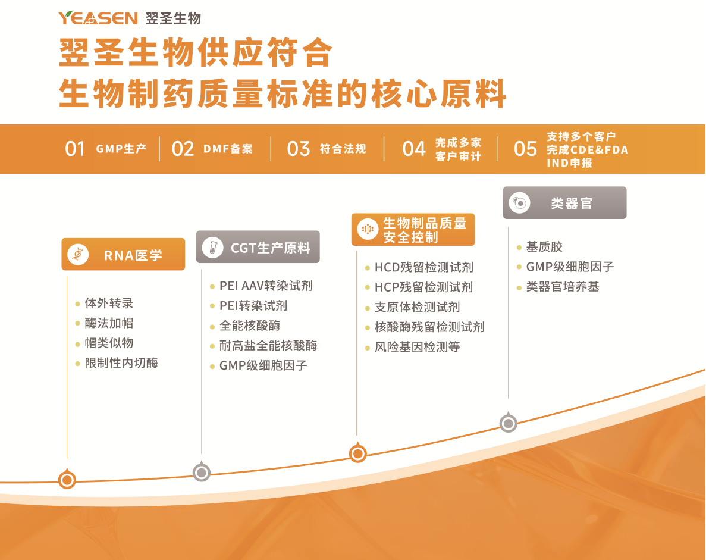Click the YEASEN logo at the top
pyautogui.click(x=98, y=18)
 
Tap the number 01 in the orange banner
pyautogui.click(x=75, y=149)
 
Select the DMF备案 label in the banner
pyautogui.click(x=228, y=149)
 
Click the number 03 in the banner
pyautogui.click(x=299, y=149)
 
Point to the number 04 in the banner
pyautogui.click(x=414, y=149)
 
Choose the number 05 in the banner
pyautogui.click(x=525, y=149)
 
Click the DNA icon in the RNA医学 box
pyautogui.click(x=78, y=255)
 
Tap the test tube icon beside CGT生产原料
pyautogui.click(x=213, y=248)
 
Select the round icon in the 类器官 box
pyautogui.click(x=520, y=203)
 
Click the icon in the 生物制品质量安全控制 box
pyautogui.click(x=368, y=229)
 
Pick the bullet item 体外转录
pyautogui.click(x=109, y=303)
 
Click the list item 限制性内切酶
pyautogui.click(x=121, y=362)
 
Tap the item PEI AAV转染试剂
pyautogui.click(x=266, y=286)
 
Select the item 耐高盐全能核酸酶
pyautogui.click(x=268, y=346)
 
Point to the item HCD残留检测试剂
pyautogui.click(x=424, y=267)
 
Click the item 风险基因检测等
pyautogui.click(x=418, y=347)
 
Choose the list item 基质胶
pyautogui.click(x=544, y=247)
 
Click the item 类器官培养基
pyautogui.click(x=563, y=286)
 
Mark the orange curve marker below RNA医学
pyautogui.click(x=67, y=479)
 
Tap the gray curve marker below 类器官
pyautogui.click(x=509, y=423)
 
